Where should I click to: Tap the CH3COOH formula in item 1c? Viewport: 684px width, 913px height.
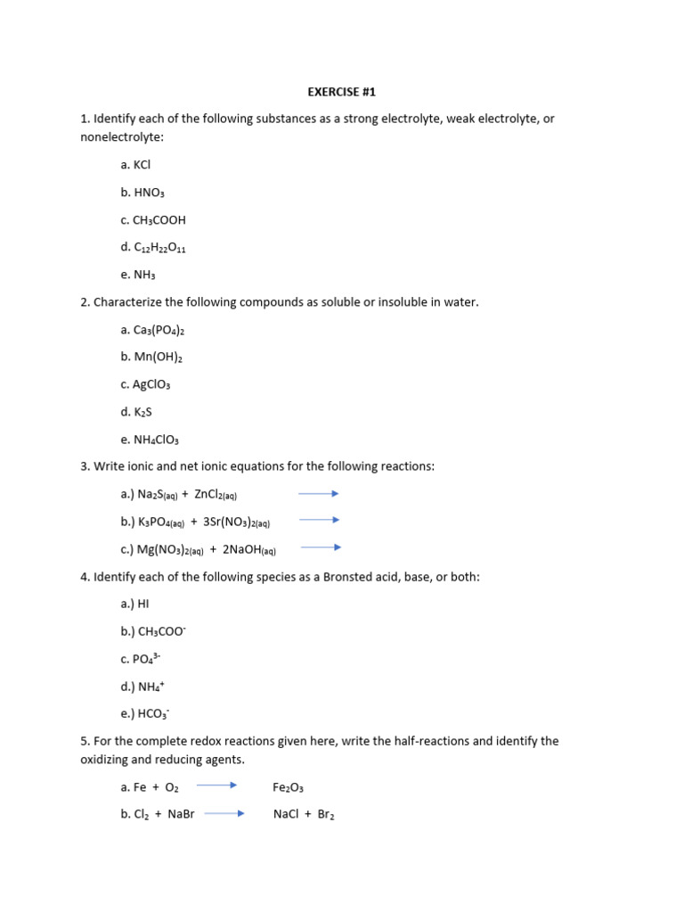point(159,220)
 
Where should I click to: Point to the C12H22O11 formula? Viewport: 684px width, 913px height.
point(159,248)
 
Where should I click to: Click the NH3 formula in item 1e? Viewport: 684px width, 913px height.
point(144,276)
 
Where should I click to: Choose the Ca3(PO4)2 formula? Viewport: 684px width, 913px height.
point(159,330)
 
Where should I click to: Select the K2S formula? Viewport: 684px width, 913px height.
point(142,413)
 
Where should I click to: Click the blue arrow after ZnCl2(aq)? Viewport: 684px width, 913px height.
point(318,493)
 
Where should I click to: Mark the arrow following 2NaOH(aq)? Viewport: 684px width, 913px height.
point(321,548)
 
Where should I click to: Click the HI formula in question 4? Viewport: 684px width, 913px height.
point(142,604)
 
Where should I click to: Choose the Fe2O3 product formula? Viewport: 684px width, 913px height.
point(289,787)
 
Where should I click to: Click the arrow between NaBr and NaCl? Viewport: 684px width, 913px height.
point(224,814)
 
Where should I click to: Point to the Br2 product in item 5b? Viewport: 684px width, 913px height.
point(325,815)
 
